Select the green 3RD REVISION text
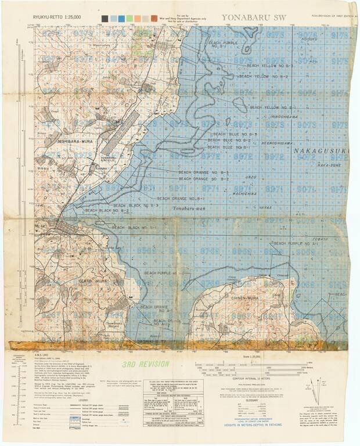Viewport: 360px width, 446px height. (x=146, y=364)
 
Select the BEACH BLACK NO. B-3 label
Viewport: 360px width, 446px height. (x=136, y=205)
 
